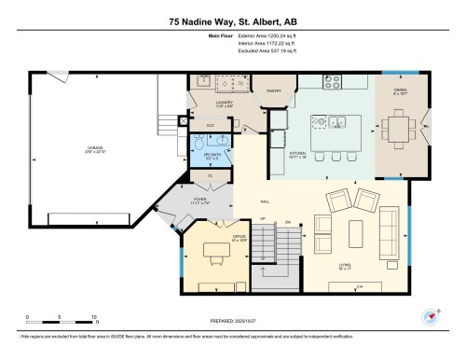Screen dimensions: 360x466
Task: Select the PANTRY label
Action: [274, 91]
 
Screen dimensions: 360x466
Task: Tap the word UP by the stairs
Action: [263, 220]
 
